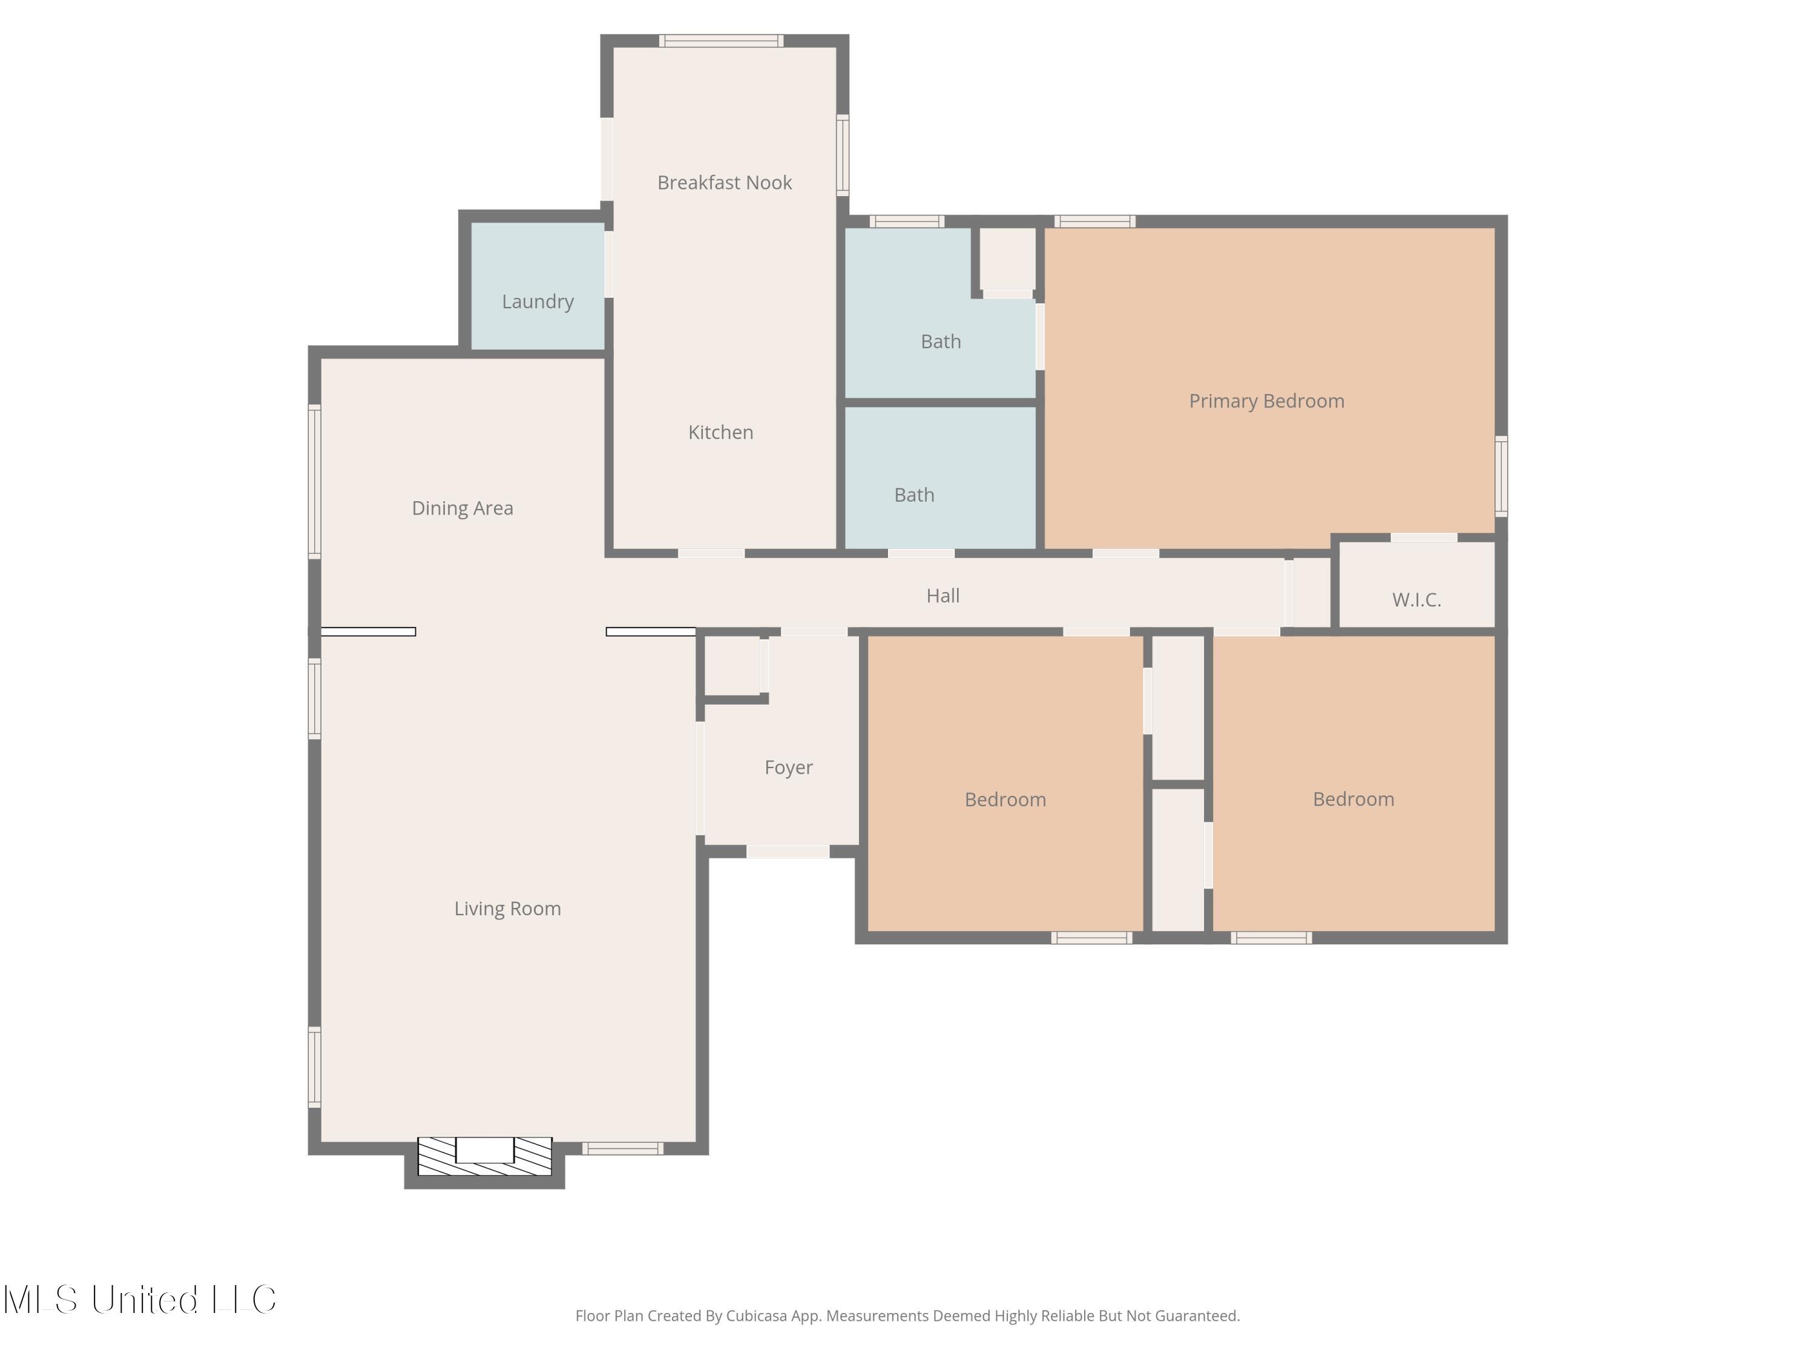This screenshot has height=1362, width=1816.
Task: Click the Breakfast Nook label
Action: pos(724,182)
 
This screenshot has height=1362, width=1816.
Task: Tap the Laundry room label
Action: pos(538,302)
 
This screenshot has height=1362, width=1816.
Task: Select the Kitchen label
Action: pos(721,433)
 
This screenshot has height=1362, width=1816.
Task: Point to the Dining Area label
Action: pos(462,509)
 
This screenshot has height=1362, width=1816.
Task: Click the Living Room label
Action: pos(507,909)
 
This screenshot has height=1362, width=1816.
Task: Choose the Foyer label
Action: pos(788,768)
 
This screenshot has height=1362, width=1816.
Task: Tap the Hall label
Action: pos(943,596)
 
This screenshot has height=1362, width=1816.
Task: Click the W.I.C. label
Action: pos(1416,600)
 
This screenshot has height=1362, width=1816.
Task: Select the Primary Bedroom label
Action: pos(1267,401)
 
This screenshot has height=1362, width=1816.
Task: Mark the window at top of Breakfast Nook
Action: pos(722,41)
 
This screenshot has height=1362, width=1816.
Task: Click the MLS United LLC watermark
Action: pos(140,1300)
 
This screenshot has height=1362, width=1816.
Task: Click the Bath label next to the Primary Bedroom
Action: pos(941,341)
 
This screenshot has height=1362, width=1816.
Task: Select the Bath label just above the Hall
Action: pos(913,495)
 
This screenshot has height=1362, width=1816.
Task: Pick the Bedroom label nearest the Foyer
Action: pos(1005,800)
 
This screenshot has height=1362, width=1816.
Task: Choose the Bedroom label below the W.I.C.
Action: pos(1353,799)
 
